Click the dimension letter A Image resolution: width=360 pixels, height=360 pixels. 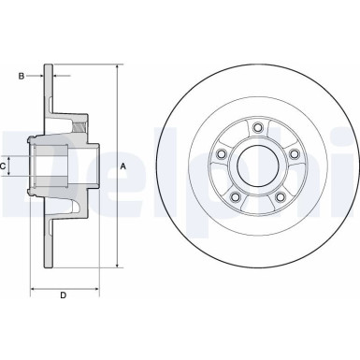click(x=123, y=166)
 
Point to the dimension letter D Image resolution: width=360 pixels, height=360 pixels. click(x=62, y=296)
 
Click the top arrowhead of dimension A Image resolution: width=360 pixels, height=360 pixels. click(x=116, y=68)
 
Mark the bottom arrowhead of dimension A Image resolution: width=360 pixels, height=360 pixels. click(x=116, y=265)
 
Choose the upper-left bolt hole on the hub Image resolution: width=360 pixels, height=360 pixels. click(x=221, y=154)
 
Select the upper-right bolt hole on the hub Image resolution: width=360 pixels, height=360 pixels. click(x=294, y=154)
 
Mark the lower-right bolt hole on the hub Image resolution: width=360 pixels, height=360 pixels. click(x=280, y=197)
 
